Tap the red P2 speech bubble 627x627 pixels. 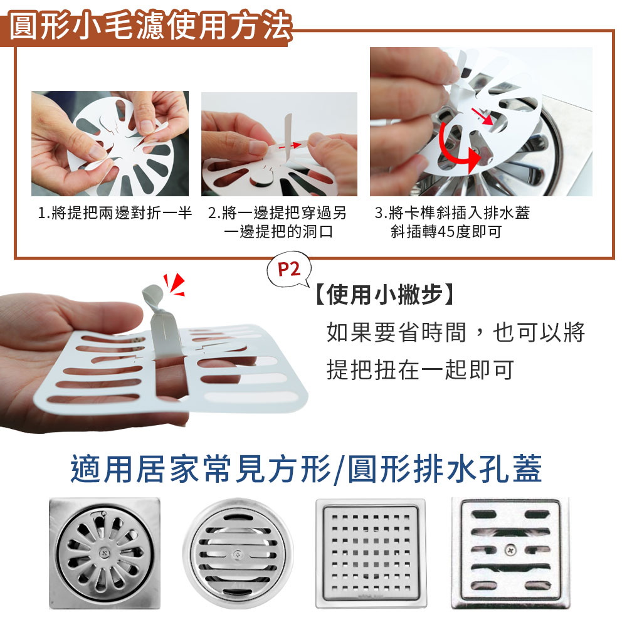click(x=289, y=271)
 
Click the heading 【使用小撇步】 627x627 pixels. click(x=382, y=295)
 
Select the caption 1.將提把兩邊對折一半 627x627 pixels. click(x=115, y=213)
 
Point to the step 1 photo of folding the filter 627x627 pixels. click(x=110, y=144)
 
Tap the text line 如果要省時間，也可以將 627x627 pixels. click(x=455, y=332)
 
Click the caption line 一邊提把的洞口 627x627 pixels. click(x=277, y=232)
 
